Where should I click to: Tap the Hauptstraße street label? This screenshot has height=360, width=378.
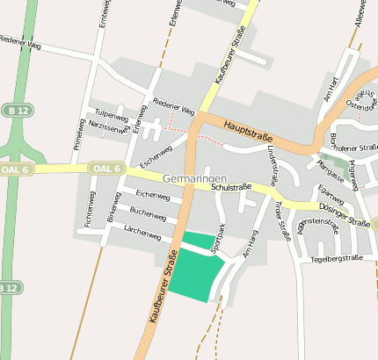[247, 132]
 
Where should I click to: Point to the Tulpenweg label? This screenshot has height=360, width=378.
[112, 115]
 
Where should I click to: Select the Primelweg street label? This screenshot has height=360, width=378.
[77, 134]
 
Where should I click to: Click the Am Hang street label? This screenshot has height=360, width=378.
[251, 241]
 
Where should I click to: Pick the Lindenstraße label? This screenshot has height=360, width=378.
[273, 166]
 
